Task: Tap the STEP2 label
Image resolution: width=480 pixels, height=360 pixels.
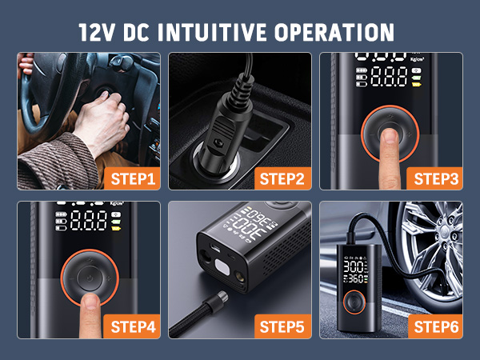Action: [281, 178]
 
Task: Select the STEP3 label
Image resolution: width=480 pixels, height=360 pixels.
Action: [436, 178]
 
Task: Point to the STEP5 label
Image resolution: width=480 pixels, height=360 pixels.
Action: [281, 326]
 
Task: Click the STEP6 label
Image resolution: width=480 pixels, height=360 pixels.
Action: [436, 326]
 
